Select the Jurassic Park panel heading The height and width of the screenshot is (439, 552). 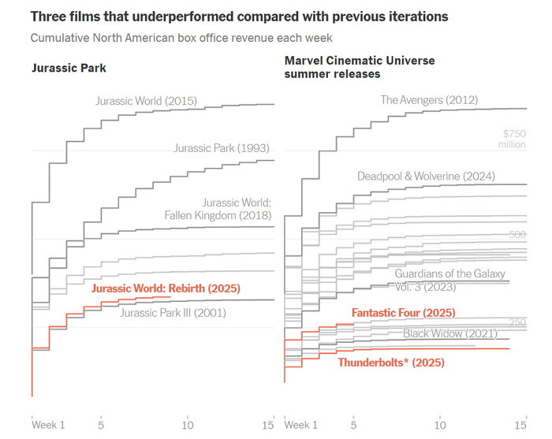click(69, 68)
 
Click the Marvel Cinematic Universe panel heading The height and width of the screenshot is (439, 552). click(359, 67)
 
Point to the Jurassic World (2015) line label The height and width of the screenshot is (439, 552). click(146, 101)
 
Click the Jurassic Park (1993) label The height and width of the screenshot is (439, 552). click(222, 147)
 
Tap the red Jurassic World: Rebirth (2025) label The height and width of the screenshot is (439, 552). click(166, 288)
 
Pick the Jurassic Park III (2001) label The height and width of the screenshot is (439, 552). click(173, 313)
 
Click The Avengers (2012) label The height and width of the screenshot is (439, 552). click(429, 100)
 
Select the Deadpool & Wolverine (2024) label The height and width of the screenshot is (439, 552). click(419, 176)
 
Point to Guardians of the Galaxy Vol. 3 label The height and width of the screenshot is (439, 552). click(448, 280)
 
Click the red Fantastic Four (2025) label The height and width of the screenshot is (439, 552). click(403, 313)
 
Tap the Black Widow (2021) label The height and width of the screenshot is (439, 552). click(450, 333)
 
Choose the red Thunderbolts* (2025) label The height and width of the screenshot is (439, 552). click(391, 363)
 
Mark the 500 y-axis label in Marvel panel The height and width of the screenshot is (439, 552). click(517, 235)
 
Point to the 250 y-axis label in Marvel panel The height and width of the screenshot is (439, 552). click(517, 323)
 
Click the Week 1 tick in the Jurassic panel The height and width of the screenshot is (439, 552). click(47, 425)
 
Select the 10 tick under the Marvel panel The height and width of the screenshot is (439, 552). click(439, 425)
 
